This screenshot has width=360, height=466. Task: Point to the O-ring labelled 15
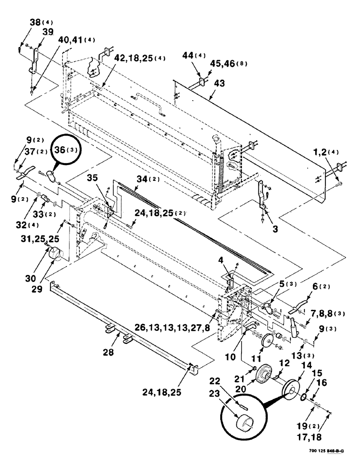(304, 396)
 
